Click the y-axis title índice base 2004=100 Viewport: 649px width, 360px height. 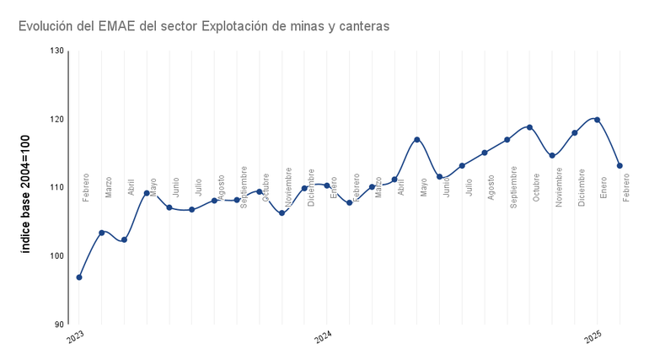point(26,187)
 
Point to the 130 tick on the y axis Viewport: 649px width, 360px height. point(56,51)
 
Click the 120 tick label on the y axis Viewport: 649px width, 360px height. point(56,119)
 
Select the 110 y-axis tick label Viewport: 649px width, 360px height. point(56,187)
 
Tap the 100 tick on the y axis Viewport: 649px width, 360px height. point(56,255)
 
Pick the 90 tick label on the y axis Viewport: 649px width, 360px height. point(59,324)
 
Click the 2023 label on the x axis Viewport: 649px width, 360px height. point(77,336)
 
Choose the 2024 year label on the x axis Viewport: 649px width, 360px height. point(324,336)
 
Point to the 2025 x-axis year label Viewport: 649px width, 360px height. point(594,336)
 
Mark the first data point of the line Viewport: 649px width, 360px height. point(79,277)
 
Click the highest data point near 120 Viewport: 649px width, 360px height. point(597,120)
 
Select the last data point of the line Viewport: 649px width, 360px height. point(619,165)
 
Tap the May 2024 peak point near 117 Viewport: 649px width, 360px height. point(417,139)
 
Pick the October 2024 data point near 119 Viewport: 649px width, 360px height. point(529,127)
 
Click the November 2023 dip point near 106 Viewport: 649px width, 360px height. point(282,213)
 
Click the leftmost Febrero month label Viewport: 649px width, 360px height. point(86,187)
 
